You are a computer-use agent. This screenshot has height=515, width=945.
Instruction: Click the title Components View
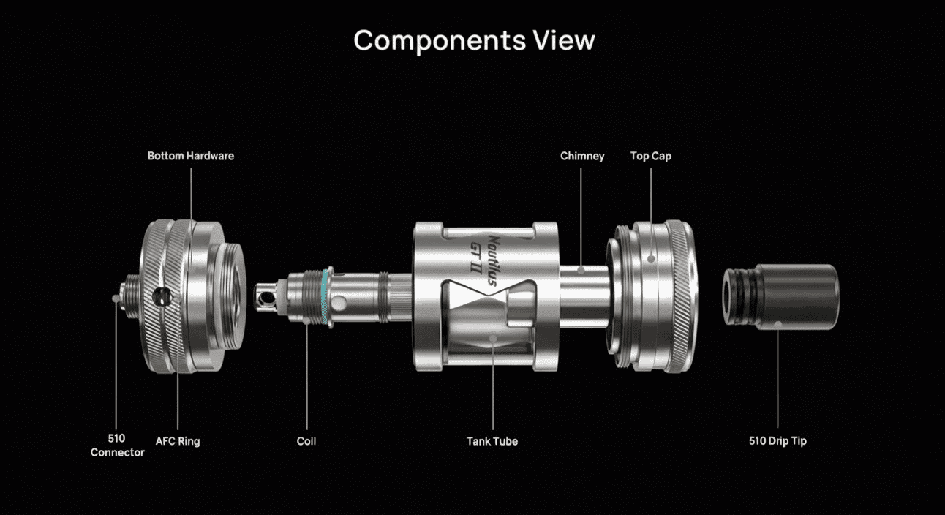(474, 41)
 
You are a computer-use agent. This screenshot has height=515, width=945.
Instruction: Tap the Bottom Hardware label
(191, 156)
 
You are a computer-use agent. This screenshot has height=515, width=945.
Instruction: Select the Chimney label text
(582, 157)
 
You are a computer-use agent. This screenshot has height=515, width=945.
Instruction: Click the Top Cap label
(651, 157)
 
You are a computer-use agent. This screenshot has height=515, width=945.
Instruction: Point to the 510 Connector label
(117, 446)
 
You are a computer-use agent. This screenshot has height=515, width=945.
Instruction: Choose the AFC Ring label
(178, 441)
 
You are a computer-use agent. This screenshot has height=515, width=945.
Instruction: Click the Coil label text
(306, 441)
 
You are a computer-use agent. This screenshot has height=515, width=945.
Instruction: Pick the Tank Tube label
(492, 441)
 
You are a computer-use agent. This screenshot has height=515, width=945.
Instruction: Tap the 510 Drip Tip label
(778, 441)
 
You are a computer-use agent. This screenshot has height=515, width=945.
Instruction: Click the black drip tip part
(781, 296)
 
